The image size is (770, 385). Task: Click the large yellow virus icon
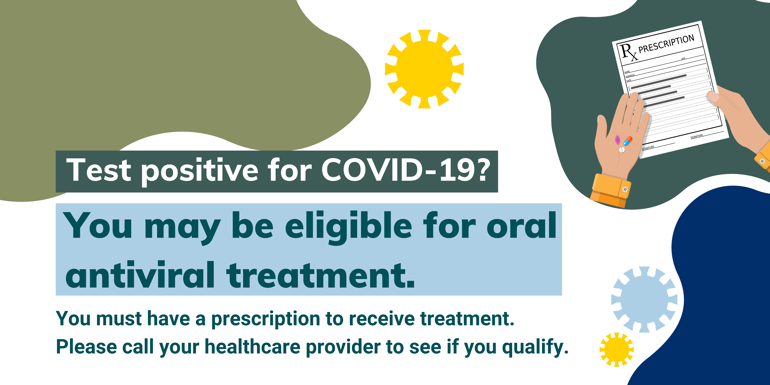coord(424,69)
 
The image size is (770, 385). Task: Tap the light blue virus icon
coord(644,300)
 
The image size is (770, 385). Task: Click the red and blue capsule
coord(628,141)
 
